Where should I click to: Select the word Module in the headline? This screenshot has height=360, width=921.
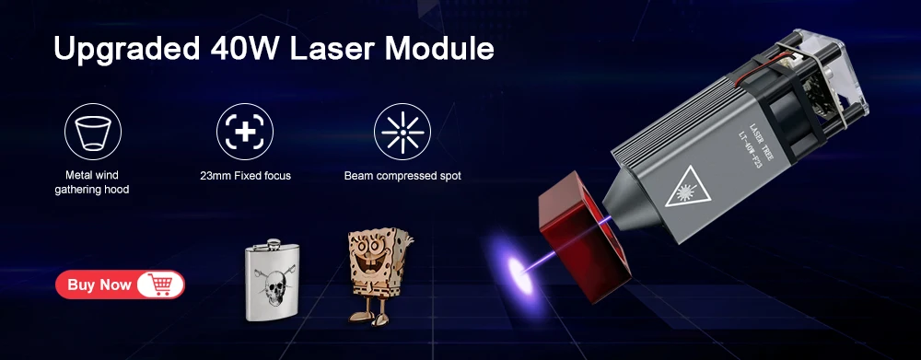[x=440, y=48]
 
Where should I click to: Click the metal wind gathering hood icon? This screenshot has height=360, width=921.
[x=93, y=132]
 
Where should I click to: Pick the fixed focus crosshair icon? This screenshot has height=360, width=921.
[x=245, y=132]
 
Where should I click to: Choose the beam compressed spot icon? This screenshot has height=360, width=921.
[x=402, y=132]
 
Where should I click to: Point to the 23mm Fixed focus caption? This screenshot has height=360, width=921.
[x=245, y=176]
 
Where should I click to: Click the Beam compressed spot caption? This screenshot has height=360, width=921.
[x=402, y=176]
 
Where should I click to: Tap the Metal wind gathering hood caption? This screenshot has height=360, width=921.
[x=92, y=182]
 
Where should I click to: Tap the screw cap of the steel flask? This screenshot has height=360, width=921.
[x=274, y=243]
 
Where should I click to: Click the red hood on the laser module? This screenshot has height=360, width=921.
[x=585, y=236]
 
